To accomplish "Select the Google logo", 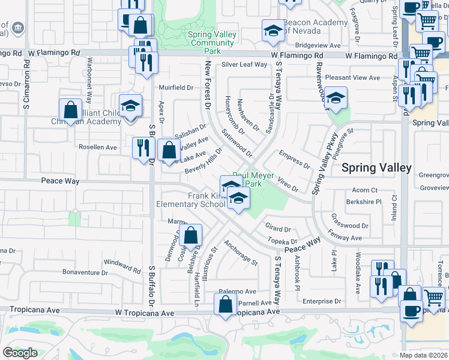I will click(x=20, y=353).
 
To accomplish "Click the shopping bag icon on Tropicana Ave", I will click(x=225, y=304).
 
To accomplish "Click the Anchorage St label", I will click(x=240, y=253).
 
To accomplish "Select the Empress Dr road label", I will click(x=294, y=160).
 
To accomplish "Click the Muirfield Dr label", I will click(x=176, y=87).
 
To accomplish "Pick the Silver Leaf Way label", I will click(x=244, y=65).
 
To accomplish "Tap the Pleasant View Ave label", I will click(x=352, y=78).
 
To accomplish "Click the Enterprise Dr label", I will click(x=322, y=301).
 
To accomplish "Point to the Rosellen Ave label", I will click(x=98, y=146).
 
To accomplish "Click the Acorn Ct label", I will click(x=365, y=190).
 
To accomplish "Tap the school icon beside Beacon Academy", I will click(x=273, y=32).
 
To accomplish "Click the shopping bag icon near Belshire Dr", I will click(x=191, y=237).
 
